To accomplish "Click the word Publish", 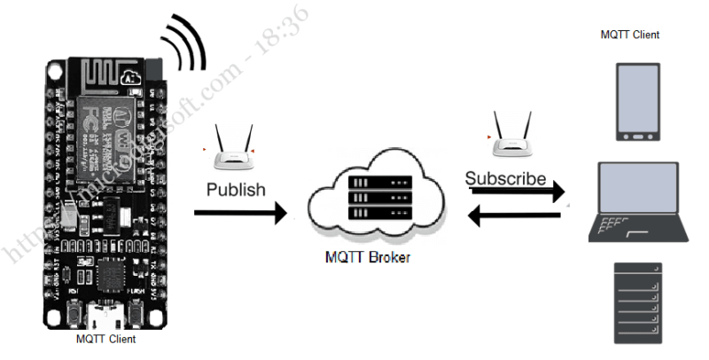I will click(236, 189).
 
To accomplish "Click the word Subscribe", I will click(506, 178).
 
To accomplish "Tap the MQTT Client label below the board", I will click(105, 339).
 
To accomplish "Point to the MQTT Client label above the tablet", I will click(629, 35).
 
